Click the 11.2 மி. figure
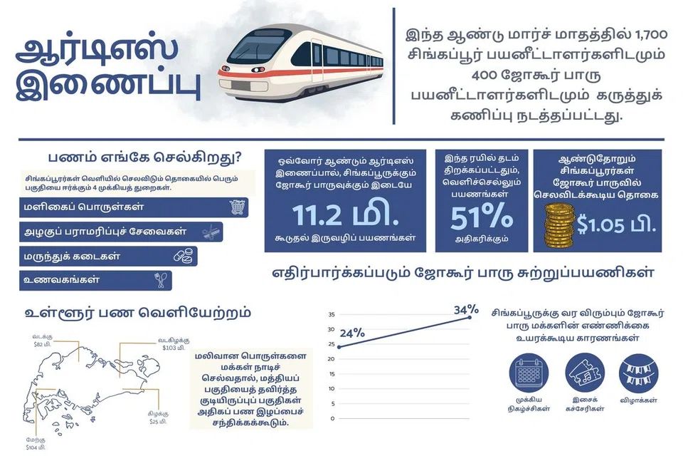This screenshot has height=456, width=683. tap(346, 215)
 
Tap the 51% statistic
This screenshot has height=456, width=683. tap(482, 217)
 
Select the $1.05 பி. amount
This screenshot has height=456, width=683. tap(616, 224)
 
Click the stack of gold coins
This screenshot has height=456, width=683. tap(559, 226)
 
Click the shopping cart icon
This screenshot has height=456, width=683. tap(237, 207)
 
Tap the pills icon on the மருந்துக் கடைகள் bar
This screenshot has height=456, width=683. tap(183, 256)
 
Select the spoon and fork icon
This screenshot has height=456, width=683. tap(160, 280)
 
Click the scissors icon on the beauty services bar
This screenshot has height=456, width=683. tap(211, 232)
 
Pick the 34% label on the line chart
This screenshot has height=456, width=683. tap(466, 309)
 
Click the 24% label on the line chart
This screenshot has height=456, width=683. tap(352, 333)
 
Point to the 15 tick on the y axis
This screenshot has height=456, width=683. tap(332, 374)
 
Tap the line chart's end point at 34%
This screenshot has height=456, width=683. tap(470, 317)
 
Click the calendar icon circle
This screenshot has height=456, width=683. tap(529, 373)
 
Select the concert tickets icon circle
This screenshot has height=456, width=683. tap(585, 373)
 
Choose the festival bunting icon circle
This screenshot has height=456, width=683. tap(638, 373)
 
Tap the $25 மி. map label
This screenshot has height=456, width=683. tap(158, 422)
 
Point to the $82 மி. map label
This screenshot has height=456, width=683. tap(42, 344)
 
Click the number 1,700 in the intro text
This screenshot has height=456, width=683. tap(651, 34)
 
